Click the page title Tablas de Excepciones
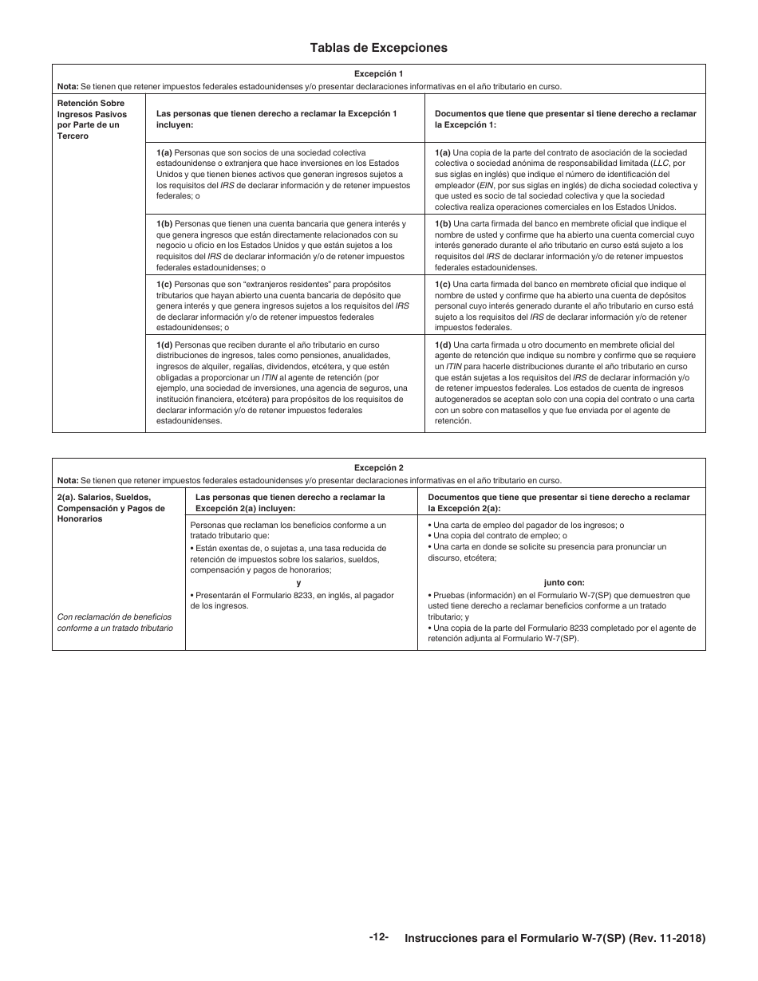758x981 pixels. click(378, 48)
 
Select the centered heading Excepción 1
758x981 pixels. click(378, 73)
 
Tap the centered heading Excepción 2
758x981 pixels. click(378, 467)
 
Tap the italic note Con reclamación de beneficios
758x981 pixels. click(114, 622)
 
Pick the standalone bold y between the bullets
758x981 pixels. click(298, 582)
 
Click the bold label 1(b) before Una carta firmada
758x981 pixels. click(443, 223)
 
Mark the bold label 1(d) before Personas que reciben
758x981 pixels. click(164, 344)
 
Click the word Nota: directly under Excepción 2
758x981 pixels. click(68, 480)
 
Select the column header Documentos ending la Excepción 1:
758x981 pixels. click(565, 119)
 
